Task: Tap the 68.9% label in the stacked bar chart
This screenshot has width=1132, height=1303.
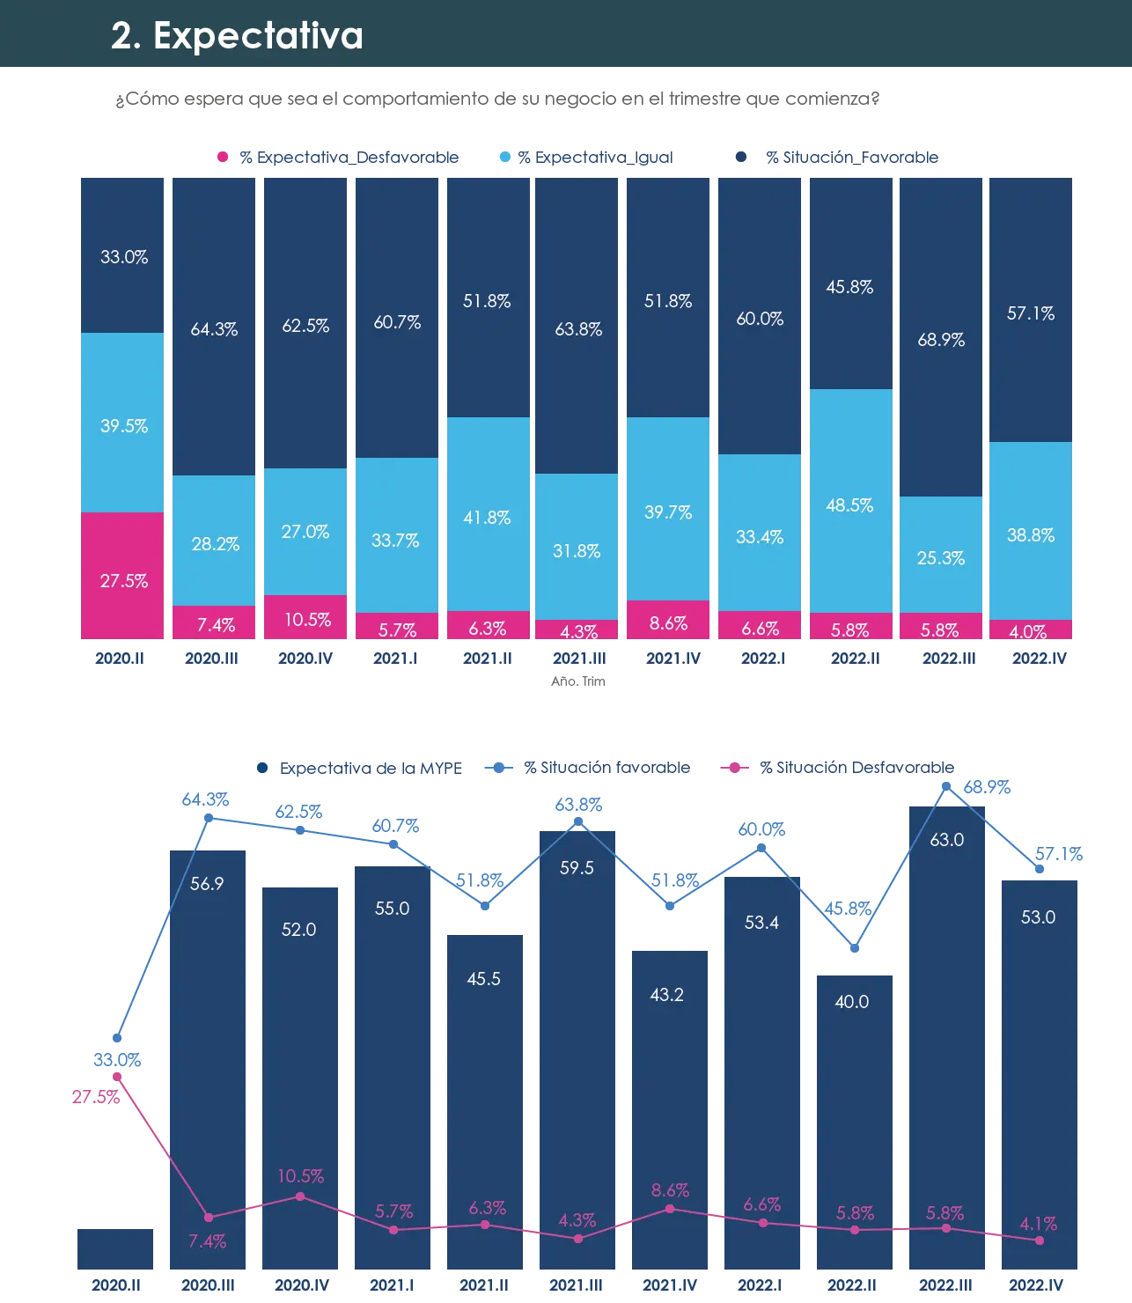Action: [x=941, y=340]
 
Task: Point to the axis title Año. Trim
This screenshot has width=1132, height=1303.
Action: [x=577, y=681]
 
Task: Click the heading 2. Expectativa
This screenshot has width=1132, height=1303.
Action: [x=237, y=35]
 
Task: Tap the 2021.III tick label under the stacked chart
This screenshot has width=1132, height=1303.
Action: [x=579, y=659]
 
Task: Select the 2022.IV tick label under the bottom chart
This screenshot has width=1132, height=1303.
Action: [x=1036, y=1285]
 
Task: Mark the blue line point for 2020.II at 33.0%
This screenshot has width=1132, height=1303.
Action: [x=117, y=1038]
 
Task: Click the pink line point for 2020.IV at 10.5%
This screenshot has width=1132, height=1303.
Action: [x=300, y=1196]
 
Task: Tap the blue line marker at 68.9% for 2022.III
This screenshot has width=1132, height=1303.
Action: [x=946, y=786]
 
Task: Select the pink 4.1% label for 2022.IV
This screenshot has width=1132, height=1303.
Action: [x=1039, y=1224]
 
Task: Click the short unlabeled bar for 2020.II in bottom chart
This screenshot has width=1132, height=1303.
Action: [x=115, y=1248]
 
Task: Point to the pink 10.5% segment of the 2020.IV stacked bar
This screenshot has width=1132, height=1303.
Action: [x=305, y=616]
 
